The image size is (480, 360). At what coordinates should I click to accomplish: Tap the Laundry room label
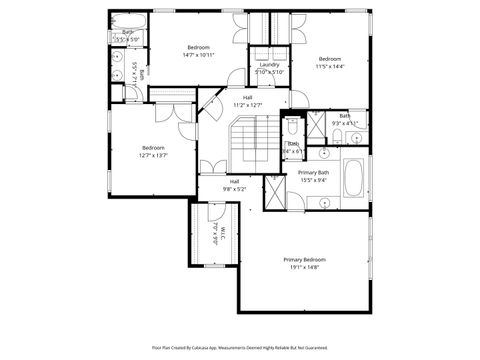(269, 64)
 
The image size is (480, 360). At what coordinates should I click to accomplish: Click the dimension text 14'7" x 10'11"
(198, 56)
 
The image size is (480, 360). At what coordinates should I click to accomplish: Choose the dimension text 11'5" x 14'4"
(330, 66)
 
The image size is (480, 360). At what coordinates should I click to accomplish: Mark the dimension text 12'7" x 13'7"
(152, 155)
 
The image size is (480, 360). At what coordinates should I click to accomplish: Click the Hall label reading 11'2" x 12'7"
(247, 104)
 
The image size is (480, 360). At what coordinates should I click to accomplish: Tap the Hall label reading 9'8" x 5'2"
(233, 188)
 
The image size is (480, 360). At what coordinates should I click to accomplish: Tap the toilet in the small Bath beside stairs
(291, 127)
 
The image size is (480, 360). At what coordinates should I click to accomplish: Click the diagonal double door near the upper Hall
(209, 103)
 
